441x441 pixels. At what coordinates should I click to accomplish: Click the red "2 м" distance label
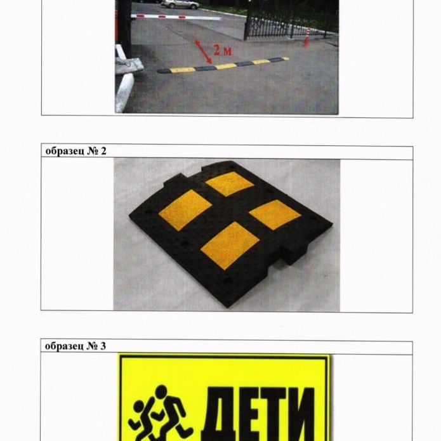(x=222, y=50)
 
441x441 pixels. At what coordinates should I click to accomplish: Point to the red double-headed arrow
(x=204, y=52)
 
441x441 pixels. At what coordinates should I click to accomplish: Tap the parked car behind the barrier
(x=180, y=4)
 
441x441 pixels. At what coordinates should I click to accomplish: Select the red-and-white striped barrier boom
(x=176, y=17)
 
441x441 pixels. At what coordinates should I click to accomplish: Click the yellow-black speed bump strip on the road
(x=223, y=65)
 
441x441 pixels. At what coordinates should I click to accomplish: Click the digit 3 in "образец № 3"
(x=103, y=346)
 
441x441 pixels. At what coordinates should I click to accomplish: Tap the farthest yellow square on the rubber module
(x=230, y=183)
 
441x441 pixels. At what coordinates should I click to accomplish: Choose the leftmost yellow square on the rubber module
(x=185, y=210)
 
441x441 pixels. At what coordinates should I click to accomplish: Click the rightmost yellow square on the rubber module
(x=275, y=214)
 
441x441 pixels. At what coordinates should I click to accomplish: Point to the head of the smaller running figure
(x=139, y=407)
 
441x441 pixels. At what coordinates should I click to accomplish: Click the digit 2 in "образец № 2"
(x=103, y=151)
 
